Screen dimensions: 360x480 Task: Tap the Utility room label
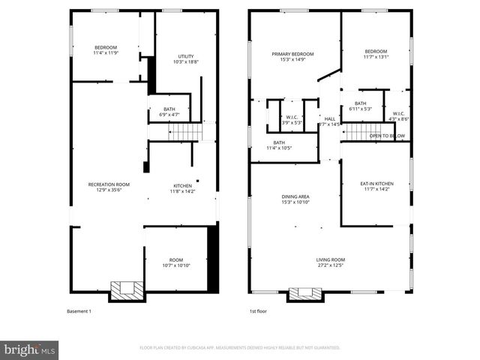coord(185,59)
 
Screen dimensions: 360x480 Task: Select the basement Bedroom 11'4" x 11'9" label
coord(105,50)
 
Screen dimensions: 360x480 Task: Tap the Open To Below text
coord(388,136)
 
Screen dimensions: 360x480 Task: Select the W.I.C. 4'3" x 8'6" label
coord(398,117)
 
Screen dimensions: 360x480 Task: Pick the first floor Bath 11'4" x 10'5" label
coord(279,145)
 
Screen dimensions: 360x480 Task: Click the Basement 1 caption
coord(79,311)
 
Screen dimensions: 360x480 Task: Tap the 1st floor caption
coord(259,311)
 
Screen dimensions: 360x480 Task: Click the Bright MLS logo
coord(30,349)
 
